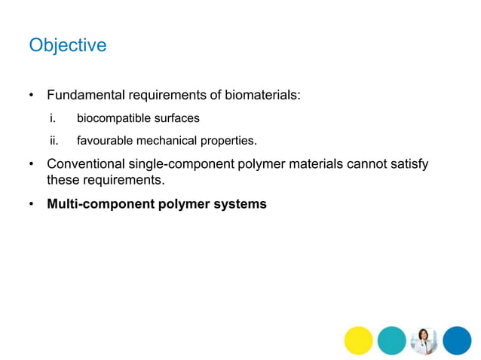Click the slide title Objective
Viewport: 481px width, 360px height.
[x=67, y=46]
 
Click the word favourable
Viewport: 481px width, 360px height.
[x=105, y=140]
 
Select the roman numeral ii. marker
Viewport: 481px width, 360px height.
[x=54, y=140]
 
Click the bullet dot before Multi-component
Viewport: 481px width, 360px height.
[x=32, y=203]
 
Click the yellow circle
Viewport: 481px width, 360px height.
[x=359, y=340]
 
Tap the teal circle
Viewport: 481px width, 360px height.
[x=391, y=340]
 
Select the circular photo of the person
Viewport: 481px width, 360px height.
[x=424, y=340]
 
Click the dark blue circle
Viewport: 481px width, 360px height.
[x=457, y=340]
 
